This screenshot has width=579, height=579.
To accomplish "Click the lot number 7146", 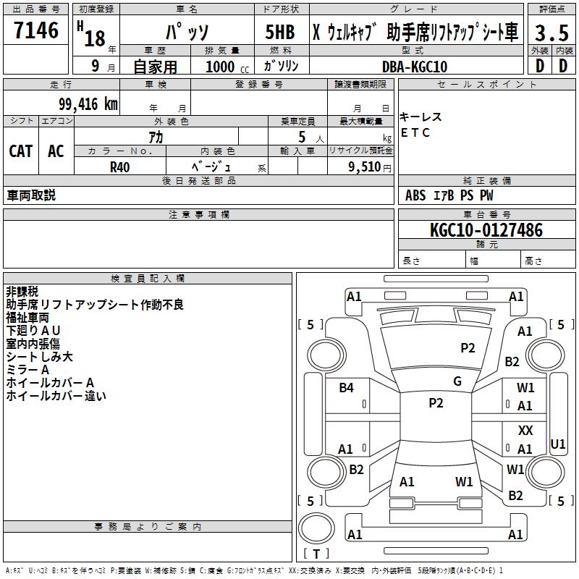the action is (35, 31).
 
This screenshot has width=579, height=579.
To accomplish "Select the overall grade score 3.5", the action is (551, 33).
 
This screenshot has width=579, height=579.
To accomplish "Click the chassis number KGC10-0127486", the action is (486, 230).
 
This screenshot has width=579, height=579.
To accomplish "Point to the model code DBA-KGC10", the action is (414, 67).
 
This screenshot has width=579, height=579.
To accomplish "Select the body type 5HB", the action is (279, 33).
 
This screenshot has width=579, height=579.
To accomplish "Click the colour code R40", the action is (120, 166).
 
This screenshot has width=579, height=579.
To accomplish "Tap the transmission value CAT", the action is (20, 151).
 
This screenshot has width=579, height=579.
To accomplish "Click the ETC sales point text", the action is (415, 132).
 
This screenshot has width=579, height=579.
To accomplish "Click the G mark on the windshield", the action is (457, 381).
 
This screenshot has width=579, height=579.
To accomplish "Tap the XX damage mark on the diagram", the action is (525, 431).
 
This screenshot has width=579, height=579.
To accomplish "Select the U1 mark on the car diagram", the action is (558, 444).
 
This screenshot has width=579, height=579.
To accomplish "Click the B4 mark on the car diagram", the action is (347, 388).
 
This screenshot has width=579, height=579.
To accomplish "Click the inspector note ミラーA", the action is (28, 369).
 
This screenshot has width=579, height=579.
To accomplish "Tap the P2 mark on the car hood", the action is (468, 348).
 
